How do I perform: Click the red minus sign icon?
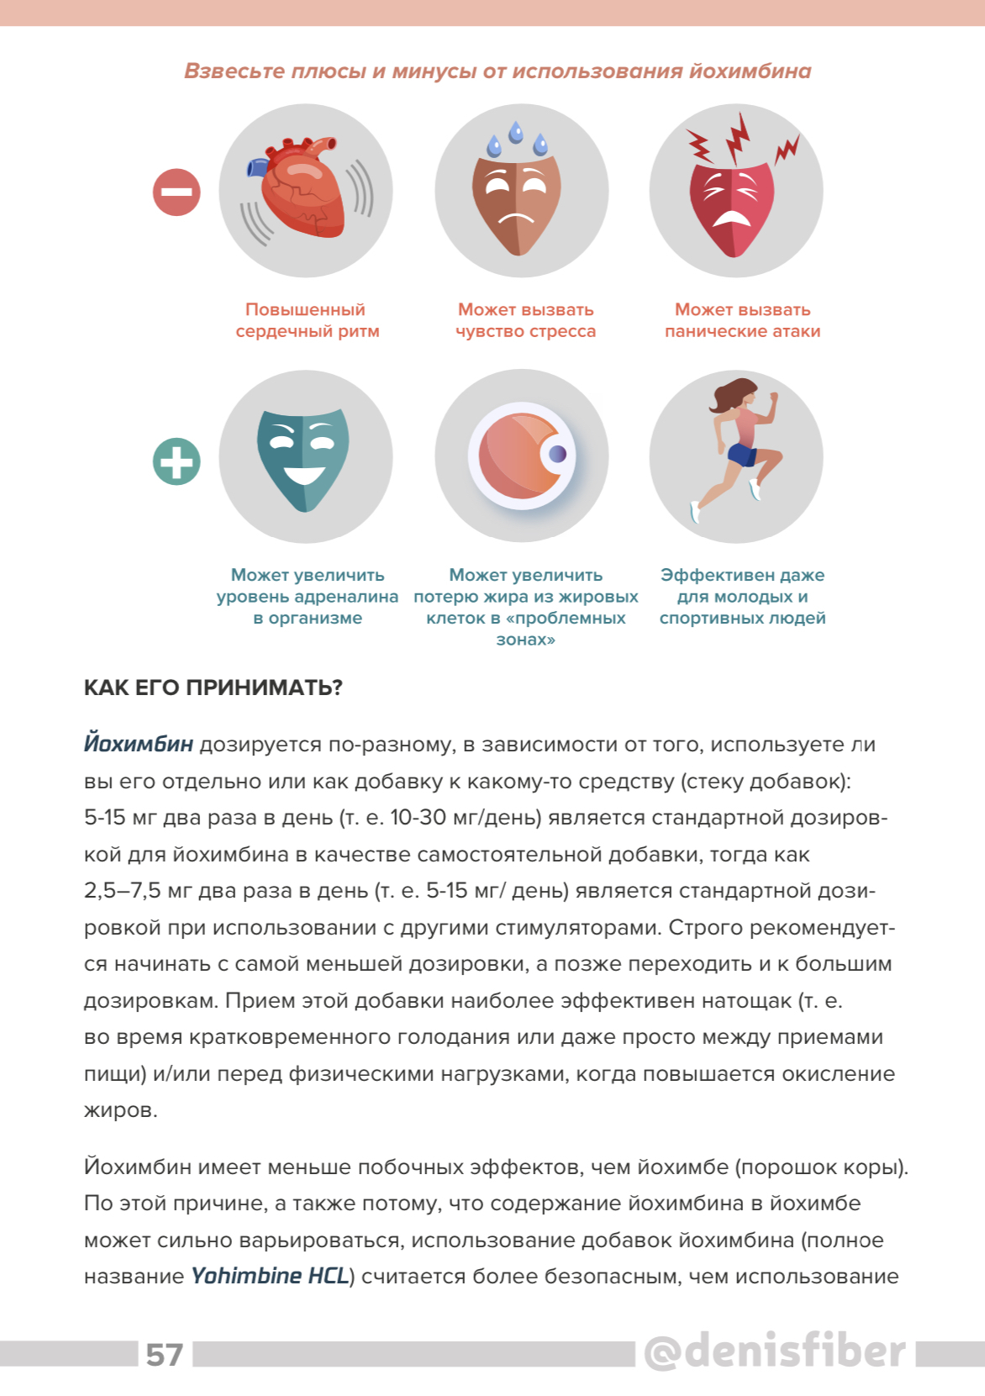pos(176,192)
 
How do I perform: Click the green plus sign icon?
pos(176,461)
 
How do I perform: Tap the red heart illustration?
pos(303,190)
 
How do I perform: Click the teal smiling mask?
pos(303,458)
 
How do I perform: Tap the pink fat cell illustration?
pos(522,456)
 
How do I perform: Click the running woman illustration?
pos(736,450)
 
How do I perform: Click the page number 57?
pos(165,1355)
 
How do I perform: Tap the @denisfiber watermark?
pos(775,1351)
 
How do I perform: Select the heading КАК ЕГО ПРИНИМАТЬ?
pos(213,688)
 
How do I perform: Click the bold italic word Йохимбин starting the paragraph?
pos(139,745)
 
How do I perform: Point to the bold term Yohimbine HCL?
pos(270,1277)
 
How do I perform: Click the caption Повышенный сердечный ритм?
pos(307,320)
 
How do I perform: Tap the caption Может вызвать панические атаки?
pos(742,320)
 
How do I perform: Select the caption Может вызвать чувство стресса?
pos(525,320)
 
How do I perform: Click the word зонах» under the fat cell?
pos(525,640)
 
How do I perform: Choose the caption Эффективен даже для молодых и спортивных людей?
pos(742,597)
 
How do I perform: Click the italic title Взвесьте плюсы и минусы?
pos(498,71)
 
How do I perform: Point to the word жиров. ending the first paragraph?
pos(121,1110)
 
